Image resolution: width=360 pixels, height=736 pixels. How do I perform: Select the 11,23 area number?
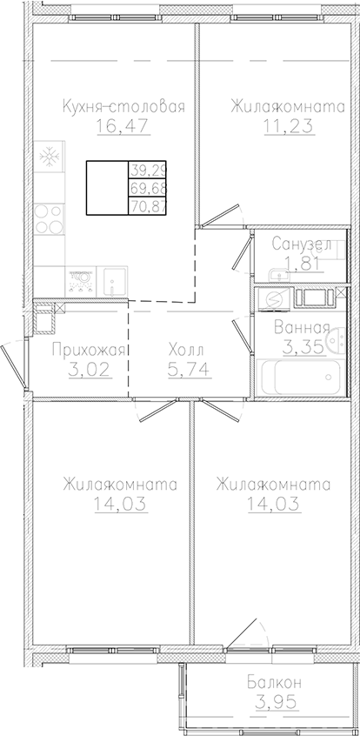283,125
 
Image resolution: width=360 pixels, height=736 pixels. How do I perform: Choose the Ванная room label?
301,328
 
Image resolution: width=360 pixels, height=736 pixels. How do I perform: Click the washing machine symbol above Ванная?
274,298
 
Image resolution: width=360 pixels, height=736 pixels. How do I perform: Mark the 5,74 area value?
185,368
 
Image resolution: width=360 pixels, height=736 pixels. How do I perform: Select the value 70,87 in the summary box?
147,205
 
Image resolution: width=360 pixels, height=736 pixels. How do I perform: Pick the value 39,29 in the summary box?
147,170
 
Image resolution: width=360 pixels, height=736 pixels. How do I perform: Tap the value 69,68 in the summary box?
147,188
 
